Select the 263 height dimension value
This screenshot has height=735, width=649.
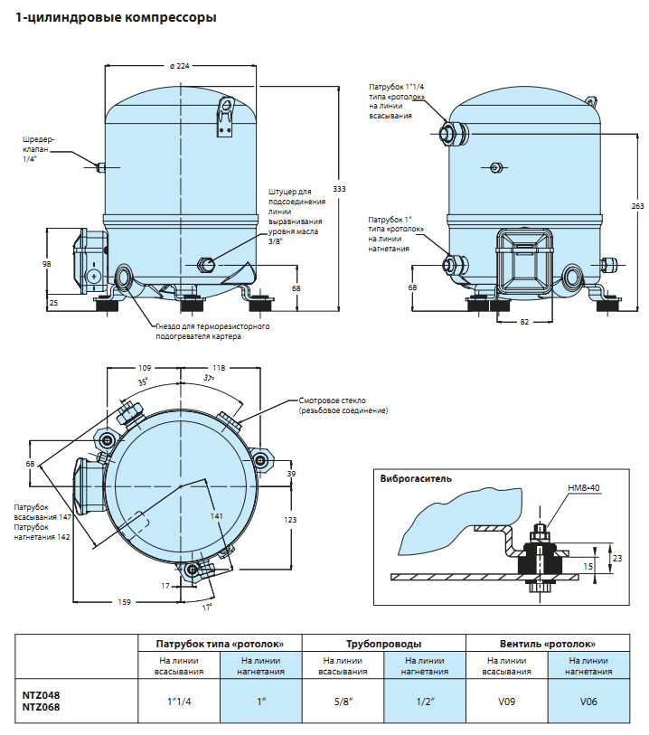[637, 206]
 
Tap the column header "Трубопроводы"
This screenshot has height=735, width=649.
[382, 644]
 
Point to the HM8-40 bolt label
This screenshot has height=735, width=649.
[583, 488]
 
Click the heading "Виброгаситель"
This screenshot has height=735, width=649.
[416, 478]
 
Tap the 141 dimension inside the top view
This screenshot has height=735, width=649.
[217, 516]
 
